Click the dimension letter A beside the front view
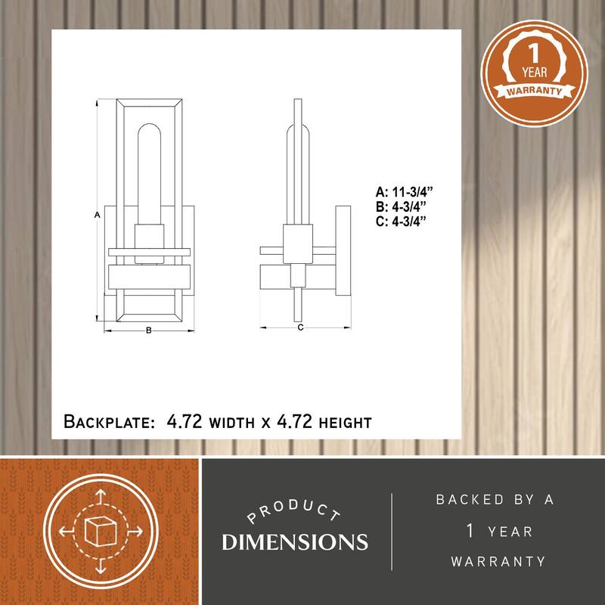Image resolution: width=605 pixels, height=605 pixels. (98, 215)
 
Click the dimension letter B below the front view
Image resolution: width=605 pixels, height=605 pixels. (148, 330)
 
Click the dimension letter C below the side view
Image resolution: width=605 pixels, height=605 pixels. (300, 327)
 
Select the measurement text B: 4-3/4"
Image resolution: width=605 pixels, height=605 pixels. (402, 206)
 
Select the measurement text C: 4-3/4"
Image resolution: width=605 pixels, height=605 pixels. (402, 222)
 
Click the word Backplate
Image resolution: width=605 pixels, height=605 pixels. (109, 421)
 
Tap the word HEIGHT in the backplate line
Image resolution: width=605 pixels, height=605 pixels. (346, 423)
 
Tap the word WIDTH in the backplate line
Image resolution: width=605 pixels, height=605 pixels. (231, 423)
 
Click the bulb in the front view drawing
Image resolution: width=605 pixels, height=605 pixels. (149, 174)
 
